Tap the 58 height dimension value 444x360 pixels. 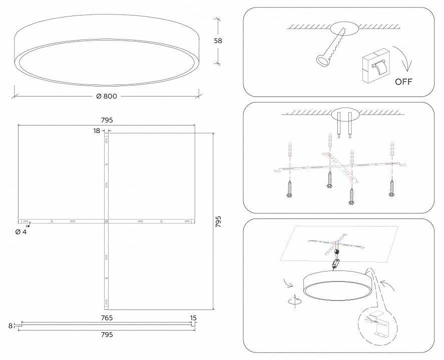[218, 41]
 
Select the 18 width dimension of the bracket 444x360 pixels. [97, 130]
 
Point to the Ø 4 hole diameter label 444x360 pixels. [21, 232]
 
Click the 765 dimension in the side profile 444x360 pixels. [107, 318]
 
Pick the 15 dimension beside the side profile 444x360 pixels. [194, 318]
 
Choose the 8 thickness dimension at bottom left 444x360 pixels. [10, 326]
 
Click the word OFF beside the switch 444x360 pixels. [403, 81]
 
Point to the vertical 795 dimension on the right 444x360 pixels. [218, 222]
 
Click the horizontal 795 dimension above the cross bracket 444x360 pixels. [107, 120]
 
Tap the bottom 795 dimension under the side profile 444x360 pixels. [107, 334]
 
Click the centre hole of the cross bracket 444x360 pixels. [107, 221]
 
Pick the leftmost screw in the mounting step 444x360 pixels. [290, 189]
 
